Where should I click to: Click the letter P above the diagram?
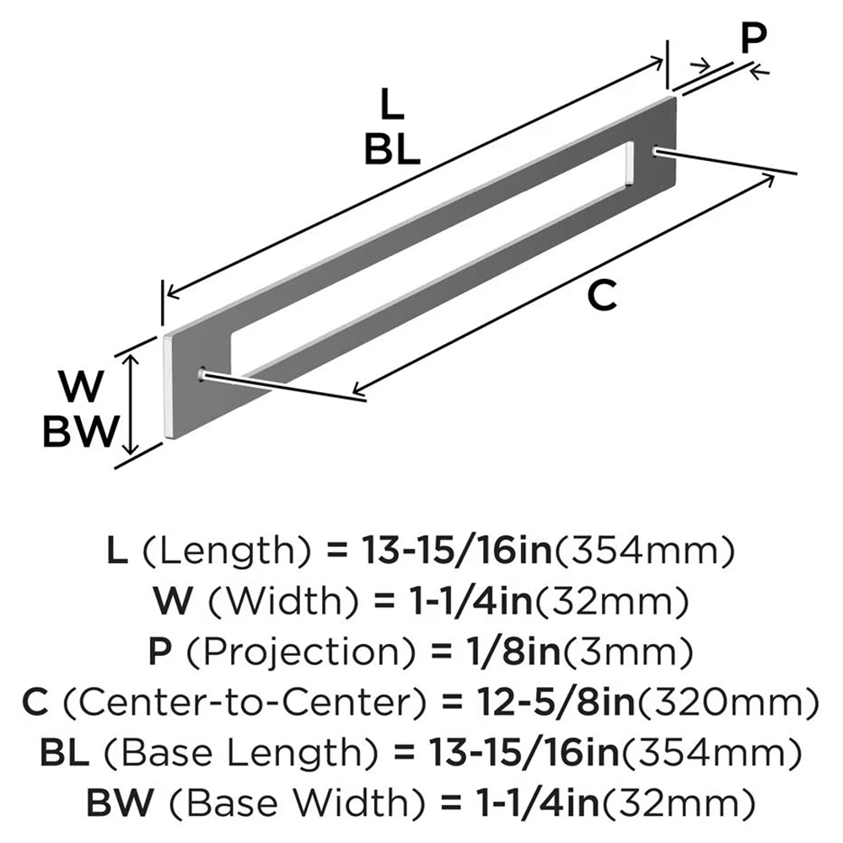[753, 38]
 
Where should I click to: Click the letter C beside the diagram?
[604, 297]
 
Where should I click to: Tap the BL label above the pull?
[393, 149]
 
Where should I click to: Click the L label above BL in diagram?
[392, 106]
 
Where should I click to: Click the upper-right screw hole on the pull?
[658, 151]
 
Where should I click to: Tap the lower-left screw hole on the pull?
[201, 373]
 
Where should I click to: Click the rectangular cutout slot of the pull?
[430, 253]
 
